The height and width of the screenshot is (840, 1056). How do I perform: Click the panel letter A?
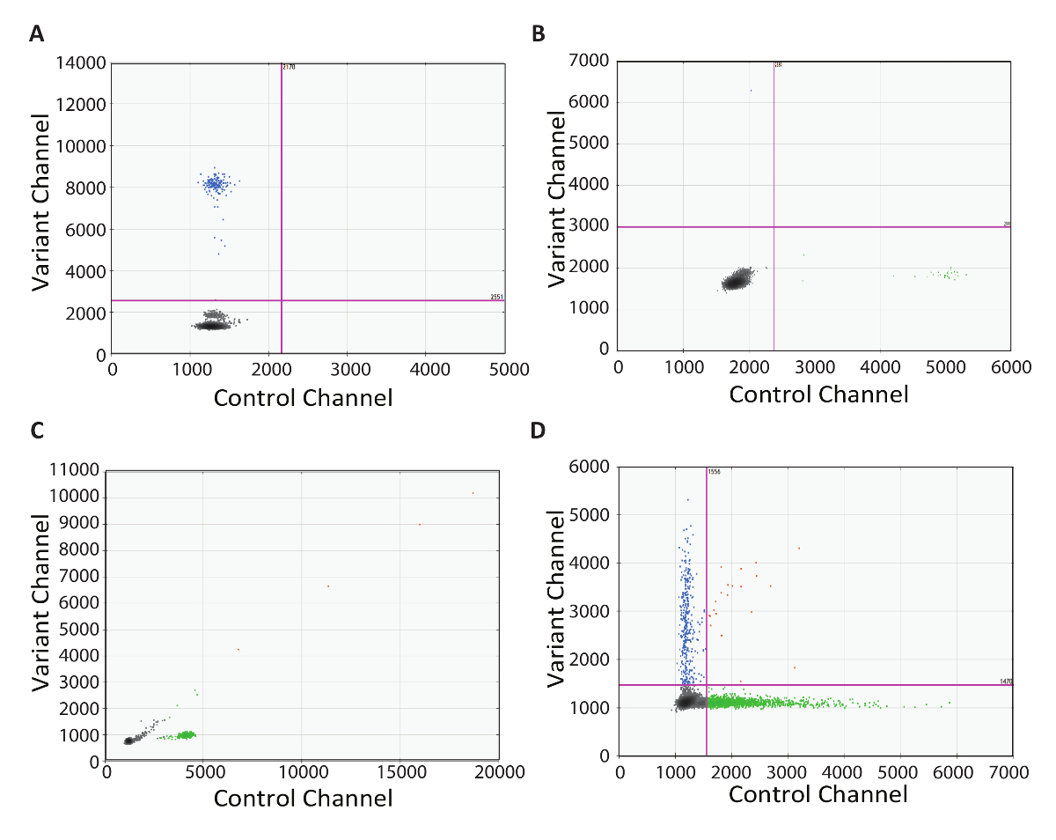(x=36, y=33)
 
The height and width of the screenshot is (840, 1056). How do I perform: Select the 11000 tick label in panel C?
(x=72, y=471)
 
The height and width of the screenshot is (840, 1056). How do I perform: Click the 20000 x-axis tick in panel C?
(x=497, y=772)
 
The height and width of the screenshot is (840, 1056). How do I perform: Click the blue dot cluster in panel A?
(x=214, y=184)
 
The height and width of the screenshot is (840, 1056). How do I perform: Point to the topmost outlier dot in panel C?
(x=473, y=493)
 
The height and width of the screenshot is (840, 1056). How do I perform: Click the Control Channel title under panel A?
(x=303, y=398)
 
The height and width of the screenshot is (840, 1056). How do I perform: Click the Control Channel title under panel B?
(x=818, y=394)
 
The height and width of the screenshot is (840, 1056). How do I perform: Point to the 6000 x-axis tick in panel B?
(x=1008, y=365)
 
